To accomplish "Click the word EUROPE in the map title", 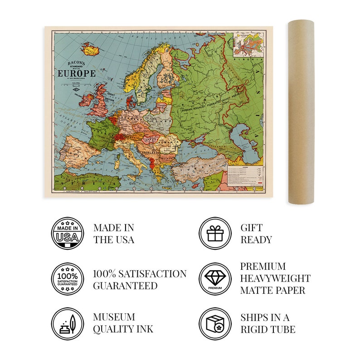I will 76,73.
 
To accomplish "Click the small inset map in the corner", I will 247,45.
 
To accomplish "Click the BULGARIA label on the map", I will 167,158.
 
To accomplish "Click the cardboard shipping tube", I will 301,111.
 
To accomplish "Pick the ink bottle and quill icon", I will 67,324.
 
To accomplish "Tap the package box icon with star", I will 215,324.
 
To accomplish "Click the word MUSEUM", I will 114,317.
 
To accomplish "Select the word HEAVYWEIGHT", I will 275,278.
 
